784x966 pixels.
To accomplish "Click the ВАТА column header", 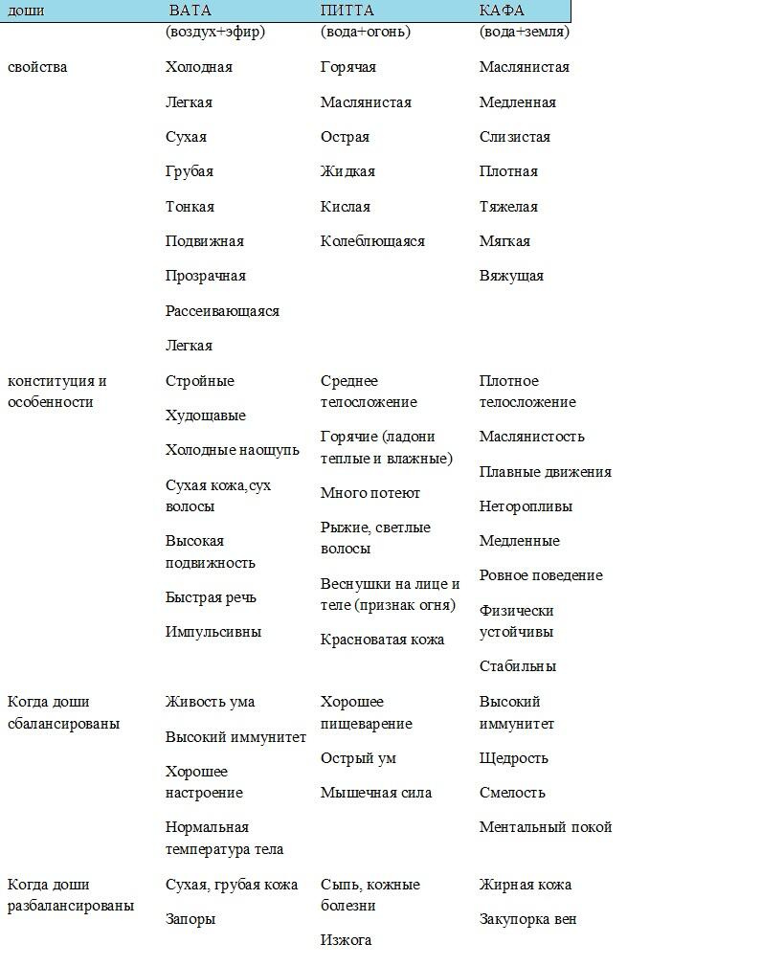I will coord(190,11).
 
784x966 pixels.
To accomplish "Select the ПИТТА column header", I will coord(347,11).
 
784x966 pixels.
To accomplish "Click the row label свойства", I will coord(37,67).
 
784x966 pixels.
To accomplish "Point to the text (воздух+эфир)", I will coord(215,32).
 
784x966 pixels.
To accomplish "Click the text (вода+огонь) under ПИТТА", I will coord(366,32).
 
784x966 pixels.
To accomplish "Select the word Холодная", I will coord(199,67).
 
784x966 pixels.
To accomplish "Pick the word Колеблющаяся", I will coord(372,241).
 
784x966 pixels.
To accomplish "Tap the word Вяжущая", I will coord(511,276).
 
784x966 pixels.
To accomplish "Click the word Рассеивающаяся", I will coord(222,311).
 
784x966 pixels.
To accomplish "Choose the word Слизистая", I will coord(515,137).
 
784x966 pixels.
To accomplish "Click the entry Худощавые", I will coord(206,416).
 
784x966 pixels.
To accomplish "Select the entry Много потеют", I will coord(370,493).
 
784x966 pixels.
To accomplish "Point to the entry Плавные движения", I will coord(546,472).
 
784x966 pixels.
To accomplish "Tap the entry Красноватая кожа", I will coord(382,640).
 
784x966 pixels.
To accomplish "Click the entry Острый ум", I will coord(358,758).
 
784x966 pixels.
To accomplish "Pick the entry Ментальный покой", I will coord(546,827).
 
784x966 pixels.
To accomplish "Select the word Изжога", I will coord(346,940).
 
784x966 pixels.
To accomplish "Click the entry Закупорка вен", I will coord(528,919).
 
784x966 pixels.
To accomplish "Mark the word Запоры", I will coord(190,919).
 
